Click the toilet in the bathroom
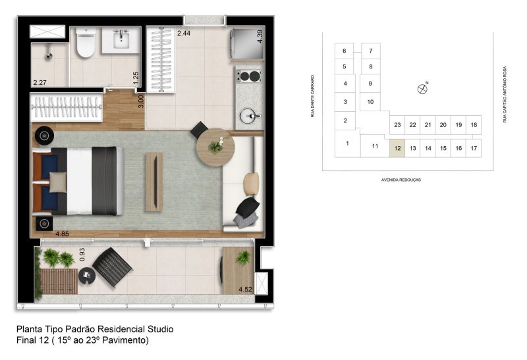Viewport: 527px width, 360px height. pos(86,43)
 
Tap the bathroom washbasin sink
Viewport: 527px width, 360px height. pos(121,40)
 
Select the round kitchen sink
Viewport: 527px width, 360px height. pos(250,116)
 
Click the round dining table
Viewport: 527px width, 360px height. pos(215,147)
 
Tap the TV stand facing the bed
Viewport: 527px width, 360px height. pos(155,182)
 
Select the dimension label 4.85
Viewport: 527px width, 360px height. pos(62,234)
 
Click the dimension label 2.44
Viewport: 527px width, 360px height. pos(184,33)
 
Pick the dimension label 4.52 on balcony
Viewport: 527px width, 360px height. pos(245,289)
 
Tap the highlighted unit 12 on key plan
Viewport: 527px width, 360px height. pos(397,148)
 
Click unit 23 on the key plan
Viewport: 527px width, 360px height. pos(397,125)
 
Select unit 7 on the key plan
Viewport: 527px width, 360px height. pos(371,51)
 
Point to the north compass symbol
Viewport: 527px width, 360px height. pos(422,89)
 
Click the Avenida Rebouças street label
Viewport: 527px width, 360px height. pos(401,180)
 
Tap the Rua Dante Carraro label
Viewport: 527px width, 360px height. pos(312,96)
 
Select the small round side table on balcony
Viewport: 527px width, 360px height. pos(87,276)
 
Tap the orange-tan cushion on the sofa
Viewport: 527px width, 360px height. pos(252,184)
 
